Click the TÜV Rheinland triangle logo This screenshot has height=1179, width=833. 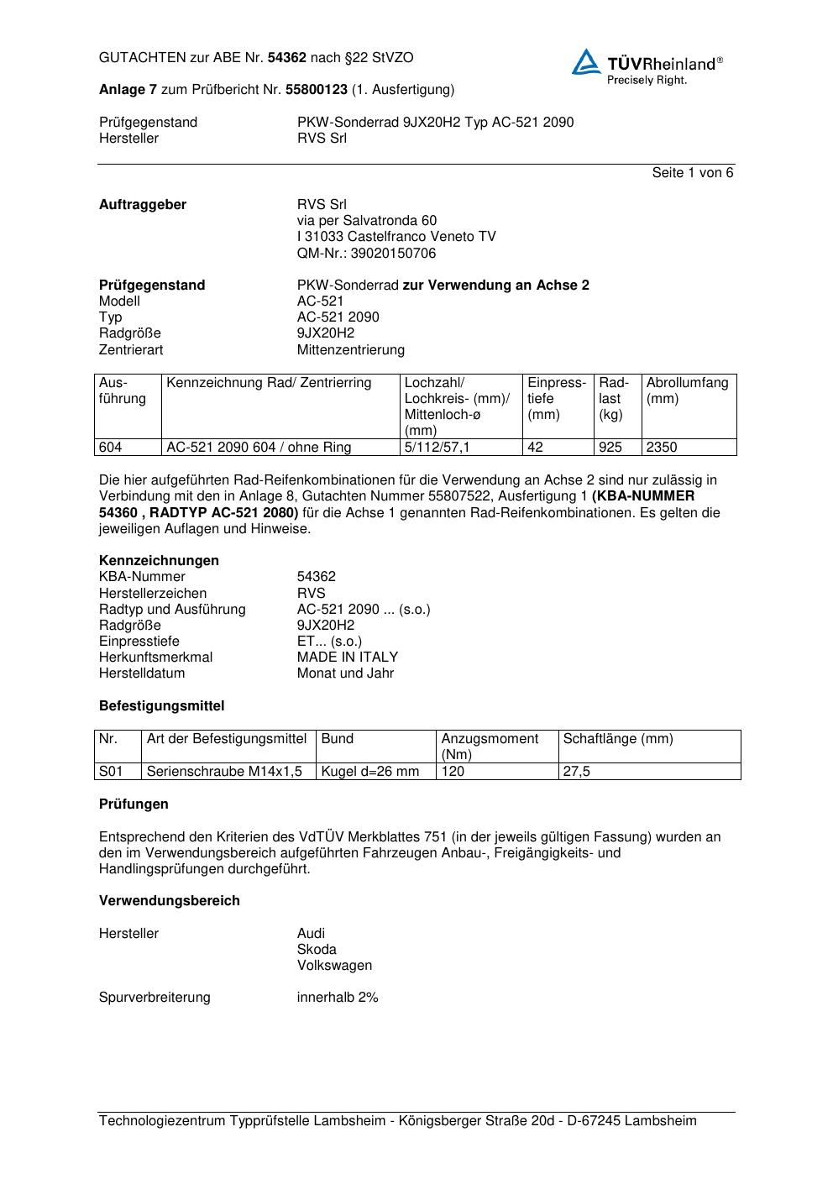586,62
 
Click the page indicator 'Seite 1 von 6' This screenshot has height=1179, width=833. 692,173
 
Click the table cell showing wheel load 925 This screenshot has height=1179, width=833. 610,448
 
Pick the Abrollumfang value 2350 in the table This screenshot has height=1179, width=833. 662,448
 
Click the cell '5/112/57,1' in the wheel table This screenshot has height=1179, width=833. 437,448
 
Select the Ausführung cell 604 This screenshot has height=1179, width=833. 111,448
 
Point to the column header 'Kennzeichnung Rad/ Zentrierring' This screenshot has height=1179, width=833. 269,384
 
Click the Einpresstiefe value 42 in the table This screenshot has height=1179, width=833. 536,448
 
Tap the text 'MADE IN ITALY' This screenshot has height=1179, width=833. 348,658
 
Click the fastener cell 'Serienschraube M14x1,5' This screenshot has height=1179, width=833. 224,772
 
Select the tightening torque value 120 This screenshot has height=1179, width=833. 453,772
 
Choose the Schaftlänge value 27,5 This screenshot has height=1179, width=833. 577,772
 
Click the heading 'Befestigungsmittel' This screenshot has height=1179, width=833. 161,707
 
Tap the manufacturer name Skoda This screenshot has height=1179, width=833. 317,950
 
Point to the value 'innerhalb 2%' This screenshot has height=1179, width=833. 338,998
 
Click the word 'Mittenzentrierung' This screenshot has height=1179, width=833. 350,350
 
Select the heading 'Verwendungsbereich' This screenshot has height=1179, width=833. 170,901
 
